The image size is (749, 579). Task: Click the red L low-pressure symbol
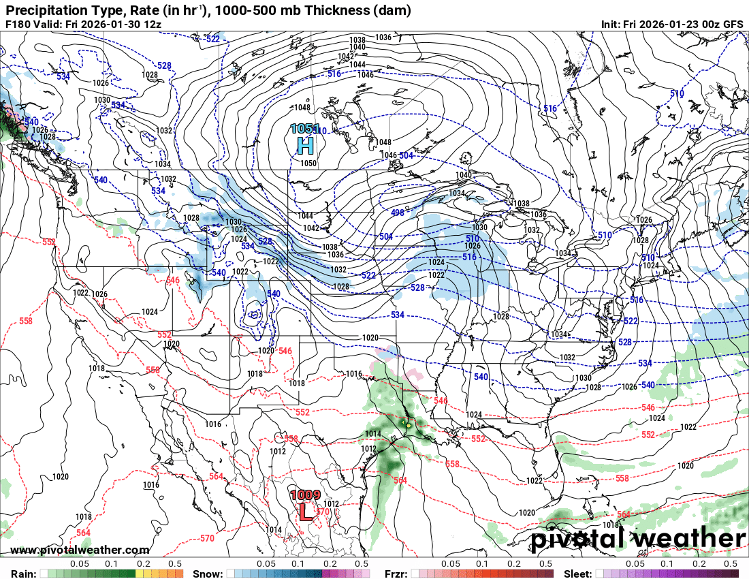pos(306,512)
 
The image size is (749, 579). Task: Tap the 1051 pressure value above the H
pos(304,129)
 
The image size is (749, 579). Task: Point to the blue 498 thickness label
pos(398,213)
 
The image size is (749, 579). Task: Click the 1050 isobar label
pos(309,163)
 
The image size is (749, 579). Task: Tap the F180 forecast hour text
pos(18,24)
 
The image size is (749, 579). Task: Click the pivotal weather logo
pos(639,539)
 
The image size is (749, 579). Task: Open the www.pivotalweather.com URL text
pos(80,550)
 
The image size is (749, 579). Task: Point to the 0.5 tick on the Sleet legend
pos(731,564)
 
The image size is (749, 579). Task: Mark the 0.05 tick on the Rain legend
pos(80,564)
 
